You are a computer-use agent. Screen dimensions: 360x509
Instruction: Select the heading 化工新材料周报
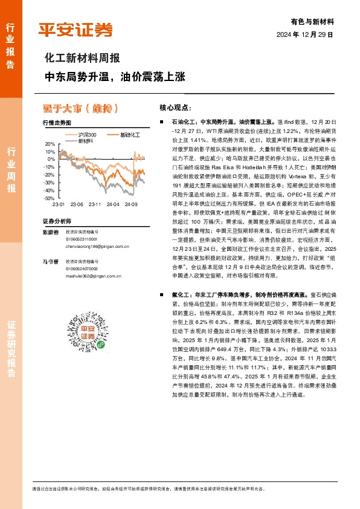click(x=83, y=59)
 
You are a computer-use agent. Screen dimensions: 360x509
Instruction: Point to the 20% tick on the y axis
click(x=50, y=144)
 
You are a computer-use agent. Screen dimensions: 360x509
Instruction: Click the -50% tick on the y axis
click(x=48, y=198)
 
